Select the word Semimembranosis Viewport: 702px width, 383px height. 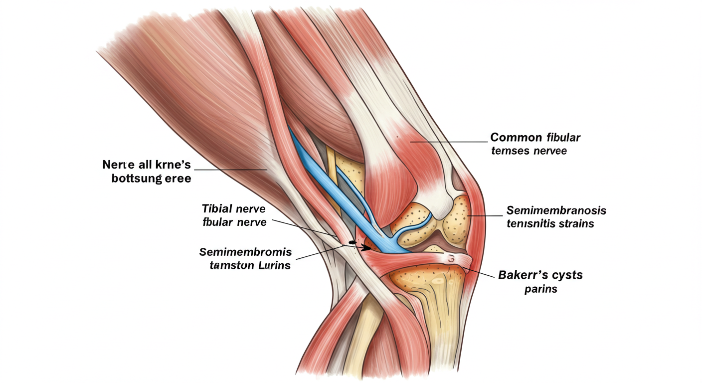coord(556,210)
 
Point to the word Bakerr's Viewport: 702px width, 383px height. coord(523,275)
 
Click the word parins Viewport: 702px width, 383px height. coord(540,289)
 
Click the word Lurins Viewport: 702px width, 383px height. coord(274,265)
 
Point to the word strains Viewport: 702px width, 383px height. coord(576,223)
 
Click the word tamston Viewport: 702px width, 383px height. coord(231,265)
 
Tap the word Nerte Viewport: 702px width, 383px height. coord(118,165)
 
